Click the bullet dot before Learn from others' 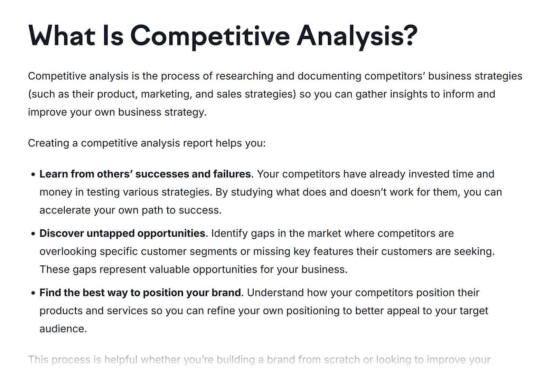click(x=33, y=174)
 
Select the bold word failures click(x=232, y=174)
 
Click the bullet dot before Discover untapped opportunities click(x=33, y=234)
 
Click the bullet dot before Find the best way click(x=33, y=293)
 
